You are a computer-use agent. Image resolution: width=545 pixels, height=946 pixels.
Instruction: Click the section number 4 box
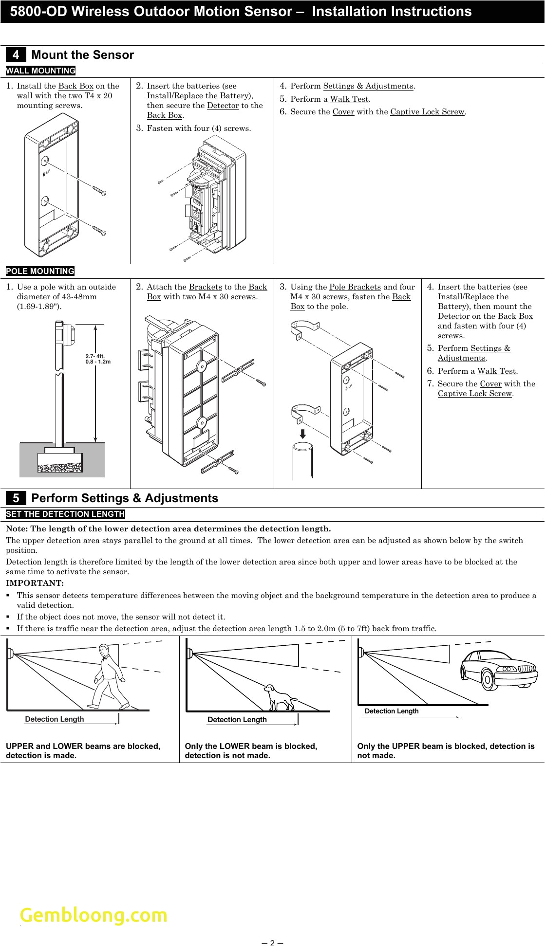pyautogui.click(x=16, y=55)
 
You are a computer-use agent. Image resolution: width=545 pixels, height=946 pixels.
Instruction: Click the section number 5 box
pyautogui.click(x=16, y=498)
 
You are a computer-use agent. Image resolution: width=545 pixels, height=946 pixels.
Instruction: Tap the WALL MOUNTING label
pyautogui.click(x=40, y=71)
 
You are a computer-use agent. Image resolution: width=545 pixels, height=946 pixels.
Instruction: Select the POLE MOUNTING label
pyautogui.click(x=40, y=271)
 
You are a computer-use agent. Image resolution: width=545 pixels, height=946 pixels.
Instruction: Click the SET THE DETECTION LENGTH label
pyautogui.click(x=65, y=514)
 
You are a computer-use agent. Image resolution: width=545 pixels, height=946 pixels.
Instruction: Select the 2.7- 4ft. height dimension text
pyautogui.click(x=95, y=356)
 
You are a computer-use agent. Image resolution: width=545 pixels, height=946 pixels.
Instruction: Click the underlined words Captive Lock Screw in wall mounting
pyautogui.click(x=427, y=112)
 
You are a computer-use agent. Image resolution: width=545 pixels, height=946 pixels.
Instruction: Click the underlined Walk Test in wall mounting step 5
pyautogui.click(x=349, y=99)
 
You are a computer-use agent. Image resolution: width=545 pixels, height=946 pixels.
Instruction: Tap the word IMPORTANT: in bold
pyautogui.click(x=35, y=583)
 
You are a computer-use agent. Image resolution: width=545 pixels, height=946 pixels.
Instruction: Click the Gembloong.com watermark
pyautogui.click(x=93, y=915)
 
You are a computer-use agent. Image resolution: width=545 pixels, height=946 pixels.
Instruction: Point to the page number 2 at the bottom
pyautogui.click(x=272, y=942)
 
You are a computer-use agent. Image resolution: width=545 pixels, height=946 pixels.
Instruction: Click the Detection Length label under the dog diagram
pyautogui.click(x=237, y=720)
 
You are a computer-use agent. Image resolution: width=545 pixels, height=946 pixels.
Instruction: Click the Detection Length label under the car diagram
pyautogui.click(x=391, y=711)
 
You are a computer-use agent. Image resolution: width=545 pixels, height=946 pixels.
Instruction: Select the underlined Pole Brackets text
pyautogui.click(x=355, y=287)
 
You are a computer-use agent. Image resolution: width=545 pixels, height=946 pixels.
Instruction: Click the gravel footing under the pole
pyautogui.click(x=60, y=468)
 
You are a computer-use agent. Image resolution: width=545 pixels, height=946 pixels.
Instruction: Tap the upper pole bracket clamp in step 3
pyautogui.click(x=304, y=329)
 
